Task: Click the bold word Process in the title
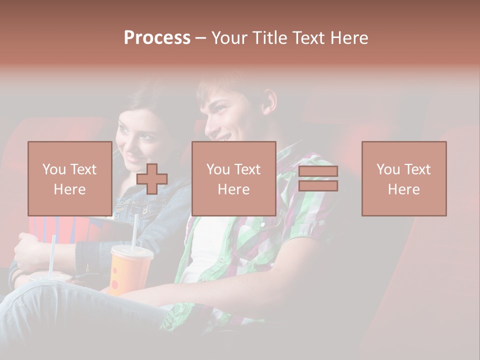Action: pos(157,38)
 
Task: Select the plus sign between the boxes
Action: pos(152,179)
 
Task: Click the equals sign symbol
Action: pos(318,178)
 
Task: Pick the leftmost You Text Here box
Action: pos(70,178)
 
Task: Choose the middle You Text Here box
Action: pos(233,178)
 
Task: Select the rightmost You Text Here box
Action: pos(404,178)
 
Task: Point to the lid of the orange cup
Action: pos(131,250)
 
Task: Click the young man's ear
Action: pos(269,102)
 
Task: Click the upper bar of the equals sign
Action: pos(318,171)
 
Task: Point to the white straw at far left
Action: pos(52,255)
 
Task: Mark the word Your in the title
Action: pos(228,38)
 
